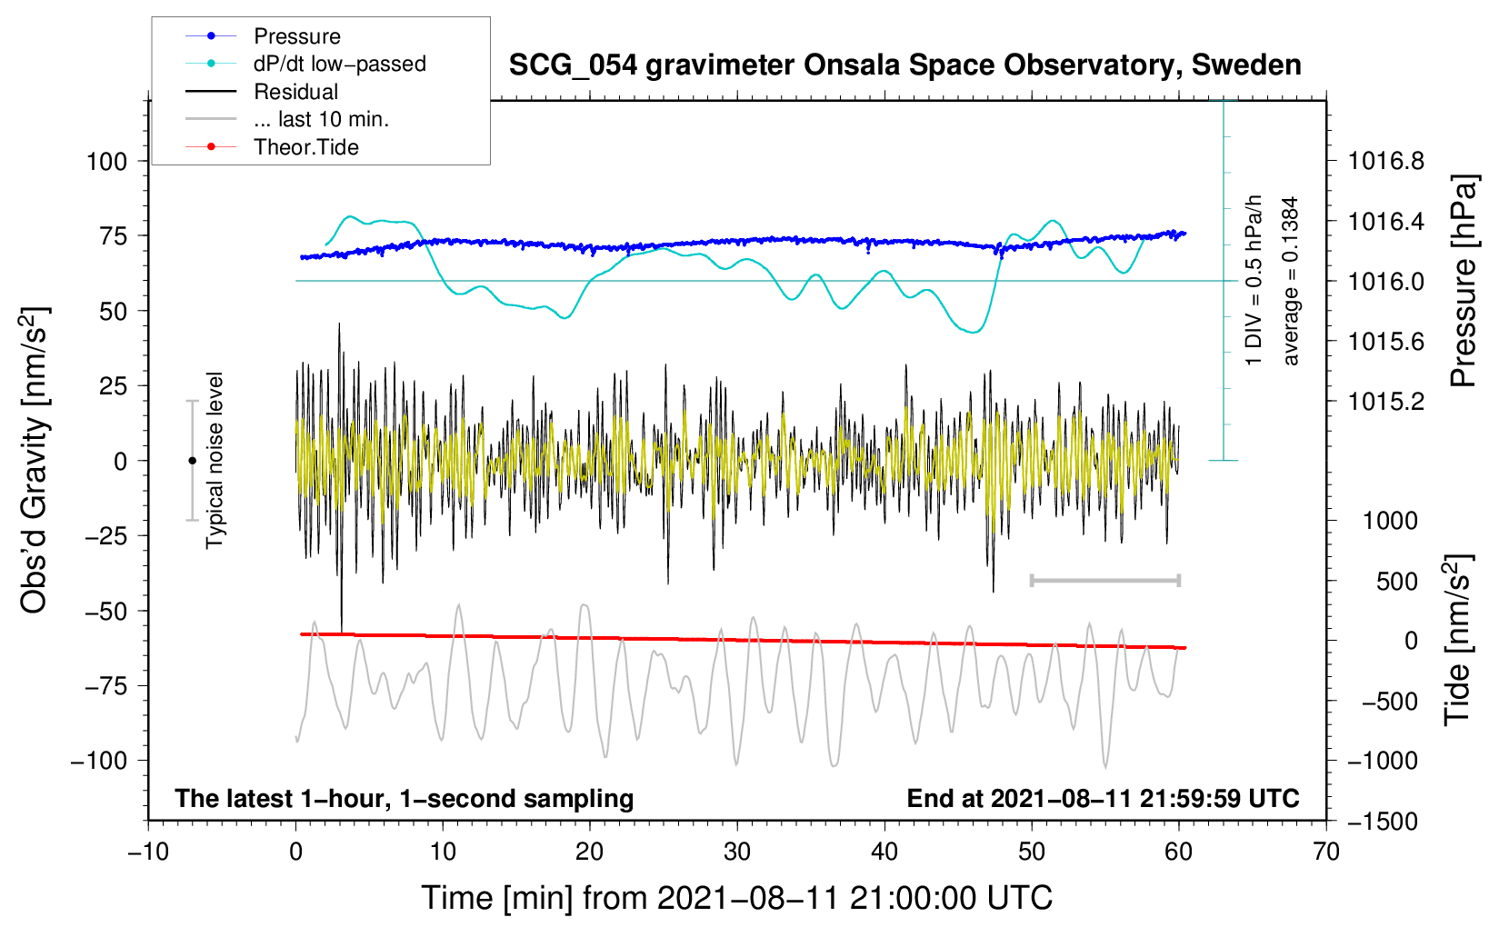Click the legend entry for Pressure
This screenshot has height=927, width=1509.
pos(264,35)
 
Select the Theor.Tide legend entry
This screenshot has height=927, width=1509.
pos(272,147)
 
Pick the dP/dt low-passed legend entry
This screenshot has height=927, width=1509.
pos(305,64)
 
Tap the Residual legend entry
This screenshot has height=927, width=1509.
pos(262,92)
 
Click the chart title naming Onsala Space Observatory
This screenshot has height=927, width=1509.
pos(904,65)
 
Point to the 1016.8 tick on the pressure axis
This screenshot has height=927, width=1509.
pos(1385,161)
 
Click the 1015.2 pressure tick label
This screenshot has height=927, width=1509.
pos(1385,402)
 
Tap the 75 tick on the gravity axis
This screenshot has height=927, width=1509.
pos(113,235)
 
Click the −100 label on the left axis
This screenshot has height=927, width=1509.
pos(99,761)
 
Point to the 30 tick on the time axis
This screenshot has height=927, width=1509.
pos(737,852)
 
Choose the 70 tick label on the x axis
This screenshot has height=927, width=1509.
pos(1325,852)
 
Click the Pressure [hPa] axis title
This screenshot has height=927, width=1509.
pos(1464,281)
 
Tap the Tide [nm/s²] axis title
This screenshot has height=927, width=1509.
pos(1458,640)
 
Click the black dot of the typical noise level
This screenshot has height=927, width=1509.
pos(192,461)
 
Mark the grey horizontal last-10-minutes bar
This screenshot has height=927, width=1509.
pos(1104,580)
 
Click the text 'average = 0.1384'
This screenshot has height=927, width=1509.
pos(1290,281)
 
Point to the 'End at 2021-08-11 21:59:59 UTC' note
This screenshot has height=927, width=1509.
pos(1103,798)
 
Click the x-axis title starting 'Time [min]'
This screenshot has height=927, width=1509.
pos(737,898)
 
